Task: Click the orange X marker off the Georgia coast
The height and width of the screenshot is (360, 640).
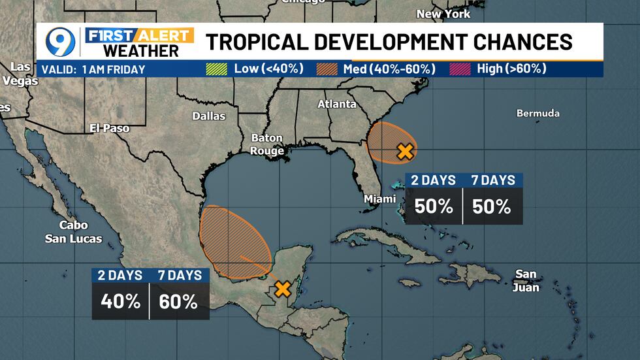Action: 406,152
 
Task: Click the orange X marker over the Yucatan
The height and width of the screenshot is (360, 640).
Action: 282,288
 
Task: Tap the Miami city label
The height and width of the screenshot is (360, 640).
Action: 380,199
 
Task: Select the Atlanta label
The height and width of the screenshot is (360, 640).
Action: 337,104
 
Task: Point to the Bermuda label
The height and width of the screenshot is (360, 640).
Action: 538,113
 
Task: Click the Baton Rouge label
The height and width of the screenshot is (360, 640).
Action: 267,144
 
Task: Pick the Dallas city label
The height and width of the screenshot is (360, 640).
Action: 209,116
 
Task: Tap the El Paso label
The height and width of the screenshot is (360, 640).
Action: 109,128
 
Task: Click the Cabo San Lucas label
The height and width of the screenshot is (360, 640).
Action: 73,232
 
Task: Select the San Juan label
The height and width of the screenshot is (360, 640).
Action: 526,280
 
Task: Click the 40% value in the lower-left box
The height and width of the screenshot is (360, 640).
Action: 120,301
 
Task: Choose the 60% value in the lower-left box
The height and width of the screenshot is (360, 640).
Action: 179,301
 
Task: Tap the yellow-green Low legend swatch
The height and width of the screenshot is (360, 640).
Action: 216,69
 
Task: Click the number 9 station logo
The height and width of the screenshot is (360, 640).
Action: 60,42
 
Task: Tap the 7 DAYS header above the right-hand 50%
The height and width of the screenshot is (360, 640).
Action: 493,180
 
